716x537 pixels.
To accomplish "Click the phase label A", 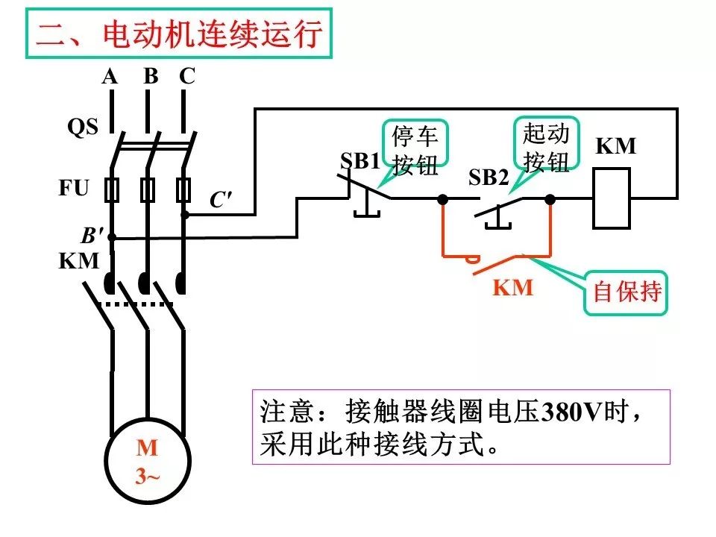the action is coord(110,76).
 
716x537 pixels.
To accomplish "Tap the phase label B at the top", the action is coord(151,76).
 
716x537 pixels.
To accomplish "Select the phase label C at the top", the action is coord(187,76).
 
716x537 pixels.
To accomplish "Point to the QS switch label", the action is coord(83,127).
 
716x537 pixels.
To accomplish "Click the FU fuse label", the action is coord(74,188).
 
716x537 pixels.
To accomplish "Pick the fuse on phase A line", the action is coord(112,190).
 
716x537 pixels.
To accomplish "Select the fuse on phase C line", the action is coord(183,190).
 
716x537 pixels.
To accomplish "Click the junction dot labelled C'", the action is coord(185,214).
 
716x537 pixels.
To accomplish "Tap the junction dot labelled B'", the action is coord(111,237).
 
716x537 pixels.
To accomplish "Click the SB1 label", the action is coord(360,161).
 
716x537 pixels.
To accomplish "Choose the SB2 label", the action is coord(489,178).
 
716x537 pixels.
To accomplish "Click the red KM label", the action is coord(513,288).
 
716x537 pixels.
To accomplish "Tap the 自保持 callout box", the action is coord(626,292).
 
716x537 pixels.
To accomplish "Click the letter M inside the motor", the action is coord(147,448).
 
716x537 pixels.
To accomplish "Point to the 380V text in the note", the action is coord(572,412).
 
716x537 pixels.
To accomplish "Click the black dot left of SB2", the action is coord(442,199).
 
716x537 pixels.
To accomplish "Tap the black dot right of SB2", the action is coord(550,199).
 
